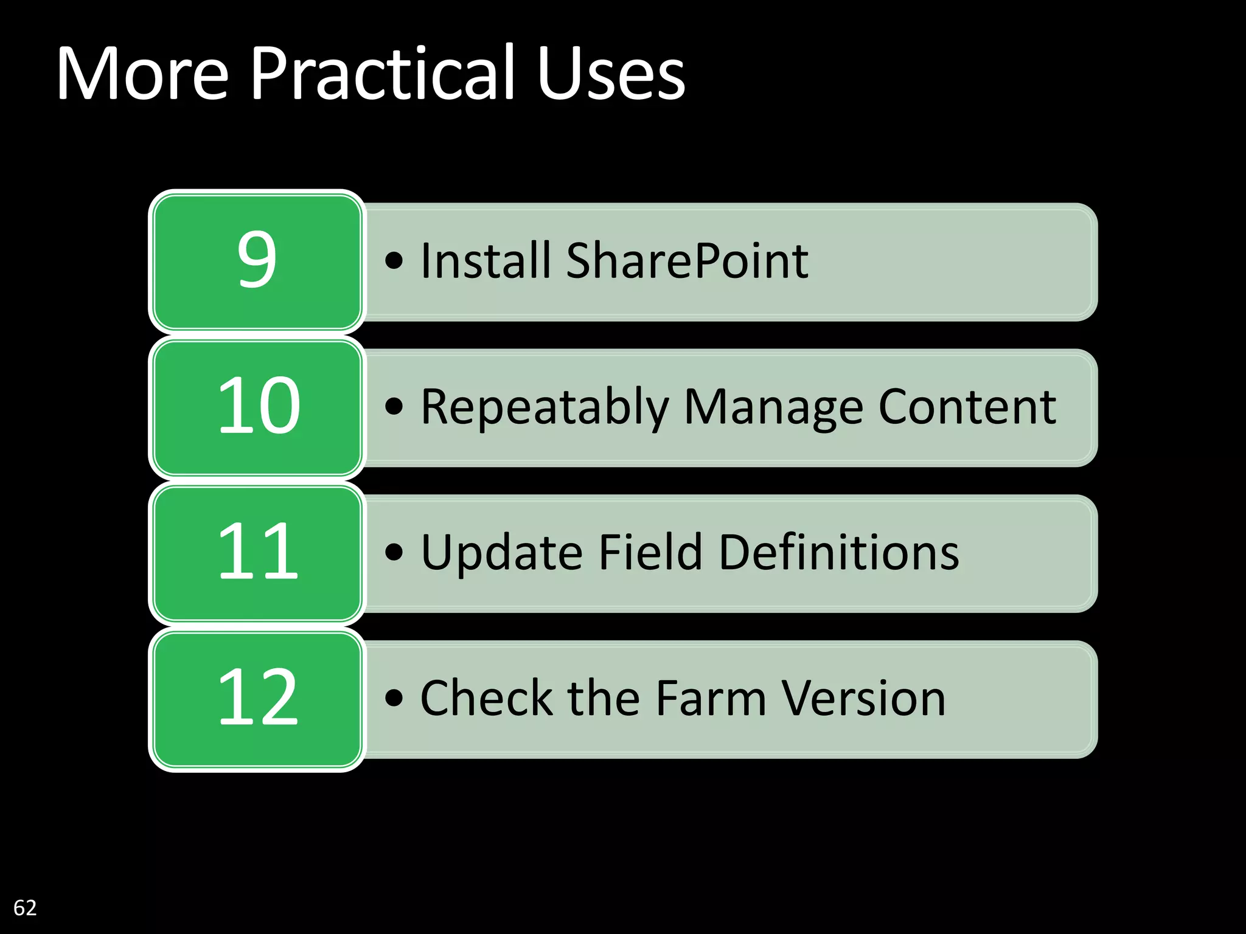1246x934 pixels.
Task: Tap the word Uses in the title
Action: [x=611, y=74]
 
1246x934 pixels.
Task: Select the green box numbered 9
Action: [x=257, y=261]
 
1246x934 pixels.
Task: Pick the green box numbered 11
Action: [x=257, y=553]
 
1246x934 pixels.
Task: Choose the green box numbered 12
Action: [x=257, y=699]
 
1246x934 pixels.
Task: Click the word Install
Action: [x=486, y=261]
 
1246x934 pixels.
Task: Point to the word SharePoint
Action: [x=687, y=261]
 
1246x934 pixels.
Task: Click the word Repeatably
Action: [x=545, y=407]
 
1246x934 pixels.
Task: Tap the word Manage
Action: [x=773, y=407]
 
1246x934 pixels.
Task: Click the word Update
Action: [x=501, y=553]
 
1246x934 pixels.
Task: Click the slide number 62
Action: [x=25, y=908]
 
